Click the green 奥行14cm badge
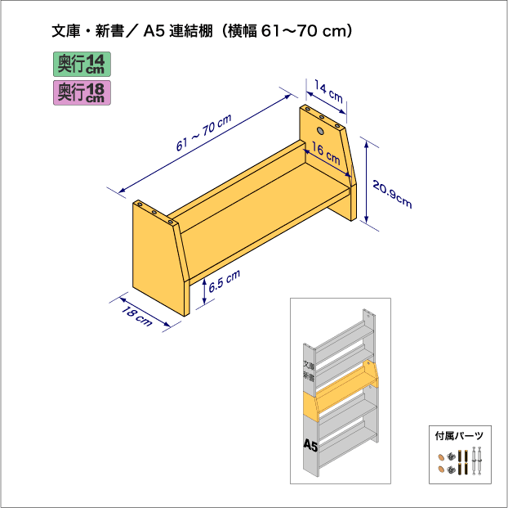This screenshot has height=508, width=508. (82, 65)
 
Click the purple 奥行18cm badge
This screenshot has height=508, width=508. (82, 92)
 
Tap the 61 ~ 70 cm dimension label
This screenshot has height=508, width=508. (204, 133)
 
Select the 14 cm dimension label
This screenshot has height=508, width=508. (328, 92)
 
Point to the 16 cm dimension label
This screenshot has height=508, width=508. (326, 154)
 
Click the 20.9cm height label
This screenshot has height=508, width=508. (392, 194)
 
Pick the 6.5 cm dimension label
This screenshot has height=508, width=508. (225, 281)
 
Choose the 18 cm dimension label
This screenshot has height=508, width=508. (136, 316)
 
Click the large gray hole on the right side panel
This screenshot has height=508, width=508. (320, 131)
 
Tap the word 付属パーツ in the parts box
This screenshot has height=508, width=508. (459, 436)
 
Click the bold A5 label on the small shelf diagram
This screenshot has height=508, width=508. (310, 445)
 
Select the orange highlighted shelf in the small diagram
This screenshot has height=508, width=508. (341, 389)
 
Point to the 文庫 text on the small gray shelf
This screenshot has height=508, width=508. (309, 365)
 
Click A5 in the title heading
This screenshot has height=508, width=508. (154, 31)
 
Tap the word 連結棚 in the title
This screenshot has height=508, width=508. (191, 31)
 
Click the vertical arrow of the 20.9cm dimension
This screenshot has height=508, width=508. (367, 182)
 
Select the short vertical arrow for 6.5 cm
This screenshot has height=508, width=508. (204, 291)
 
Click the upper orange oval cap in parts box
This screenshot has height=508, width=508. (441, 457)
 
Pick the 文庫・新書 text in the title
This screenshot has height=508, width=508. (88, 31)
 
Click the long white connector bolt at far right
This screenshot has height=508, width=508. (479, 461)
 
